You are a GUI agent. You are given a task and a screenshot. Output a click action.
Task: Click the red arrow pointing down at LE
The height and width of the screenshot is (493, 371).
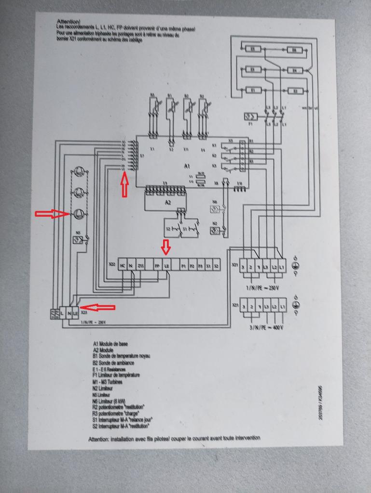click(x=166, y=247)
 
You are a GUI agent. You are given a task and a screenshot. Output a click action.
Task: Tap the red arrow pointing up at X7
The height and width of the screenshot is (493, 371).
click(x=124, y=185)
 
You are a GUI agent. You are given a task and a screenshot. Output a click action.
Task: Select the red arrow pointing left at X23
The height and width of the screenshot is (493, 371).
click(x=97, y=307)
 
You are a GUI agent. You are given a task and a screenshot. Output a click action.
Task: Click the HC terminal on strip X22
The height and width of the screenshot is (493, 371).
click(x=123, y=266)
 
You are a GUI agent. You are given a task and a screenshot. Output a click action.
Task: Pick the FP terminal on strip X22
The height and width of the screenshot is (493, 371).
click(x=157, y=266)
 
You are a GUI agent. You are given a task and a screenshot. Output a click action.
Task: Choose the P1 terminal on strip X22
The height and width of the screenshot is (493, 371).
click(x=183, y=266)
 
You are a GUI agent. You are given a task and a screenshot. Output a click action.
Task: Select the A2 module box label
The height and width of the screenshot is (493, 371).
click(x=167, y=203)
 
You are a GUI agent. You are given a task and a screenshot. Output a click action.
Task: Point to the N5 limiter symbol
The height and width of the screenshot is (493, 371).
click(x=77, y=240)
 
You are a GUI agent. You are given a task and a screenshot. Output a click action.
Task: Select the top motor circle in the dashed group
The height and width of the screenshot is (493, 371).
click(x=79, y=172)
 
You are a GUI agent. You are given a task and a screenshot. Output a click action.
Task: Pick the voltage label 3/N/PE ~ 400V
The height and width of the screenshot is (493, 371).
click(x=265, y=327)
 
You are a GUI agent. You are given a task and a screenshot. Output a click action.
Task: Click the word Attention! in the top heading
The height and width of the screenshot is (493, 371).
click(x=69, y=22)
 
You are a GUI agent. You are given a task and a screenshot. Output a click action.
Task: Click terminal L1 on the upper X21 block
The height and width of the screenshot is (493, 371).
click(x=282, y=266)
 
